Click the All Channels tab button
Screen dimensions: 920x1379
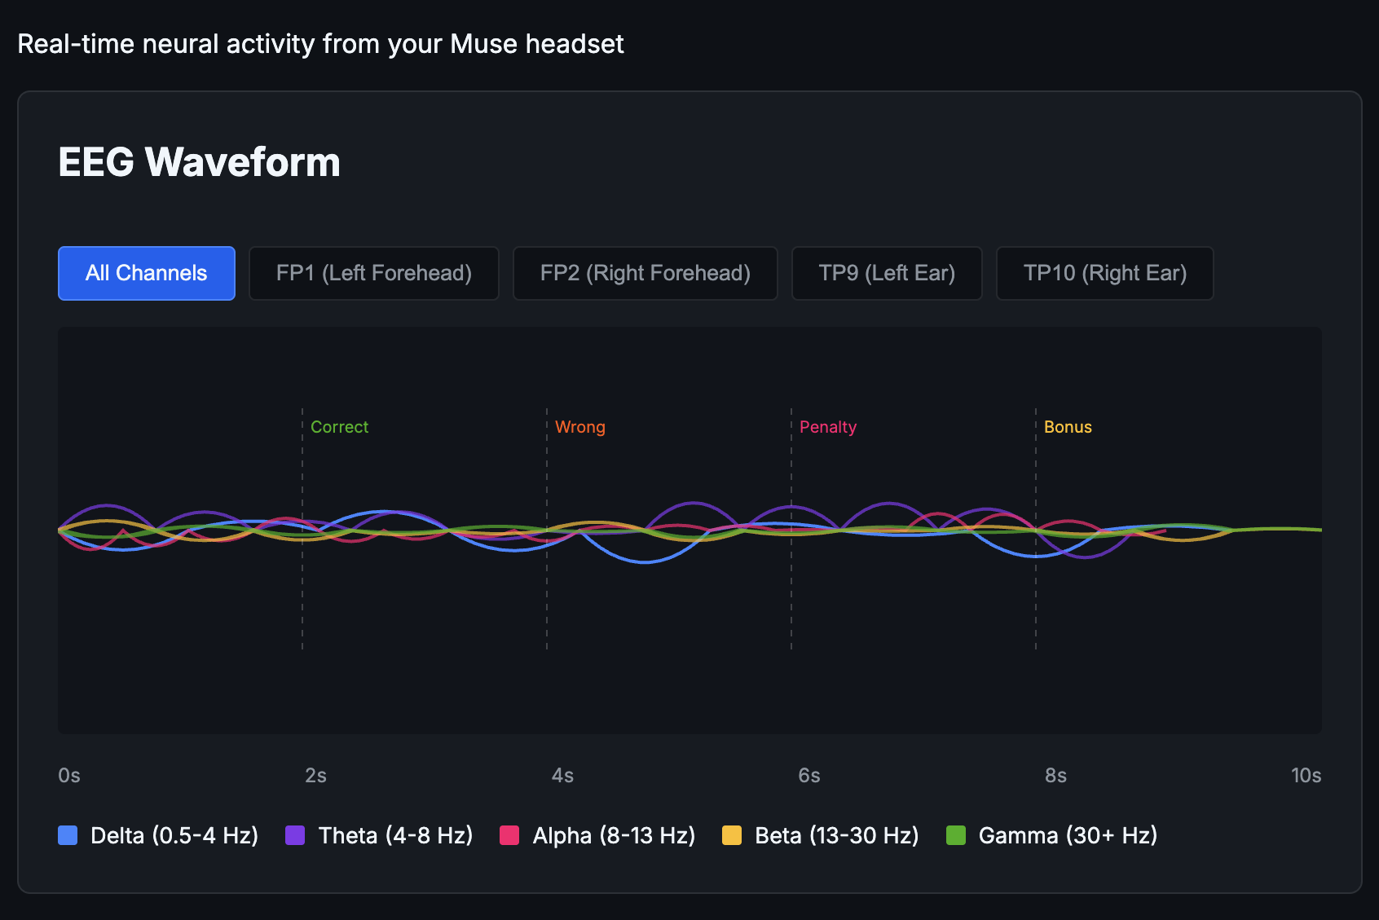[147, 273]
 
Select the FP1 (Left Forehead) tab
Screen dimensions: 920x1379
[374, 273]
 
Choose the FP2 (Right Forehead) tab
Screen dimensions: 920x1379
[645, 273]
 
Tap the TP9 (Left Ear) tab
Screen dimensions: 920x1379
[887, 273]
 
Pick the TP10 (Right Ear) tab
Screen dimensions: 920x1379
[1105, 273]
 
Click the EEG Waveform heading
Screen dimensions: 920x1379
[199, 161]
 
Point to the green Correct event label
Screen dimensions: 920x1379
[339, 427]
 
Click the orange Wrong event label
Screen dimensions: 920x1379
[579, 427]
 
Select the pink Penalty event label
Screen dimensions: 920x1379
[827, 427]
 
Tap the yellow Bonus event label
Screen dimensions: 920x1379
[1068, 427]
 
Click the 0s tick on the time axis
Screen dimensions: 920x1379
[69, 775]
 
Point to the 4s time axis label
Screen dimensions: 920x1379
[562, 775]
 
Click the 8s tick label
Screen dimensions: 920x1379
[1055, 775]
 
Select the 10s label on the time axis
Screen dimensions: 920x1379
[1306, 775]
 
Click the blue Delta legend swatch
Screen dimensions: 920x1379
[68, 835]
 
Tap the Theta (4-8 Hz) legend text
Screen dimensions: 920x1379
[395, 835]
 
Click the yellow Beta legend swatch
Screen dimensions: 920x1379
[732, 835]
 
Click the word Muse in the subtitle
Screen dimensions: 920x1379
[484, 44]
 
